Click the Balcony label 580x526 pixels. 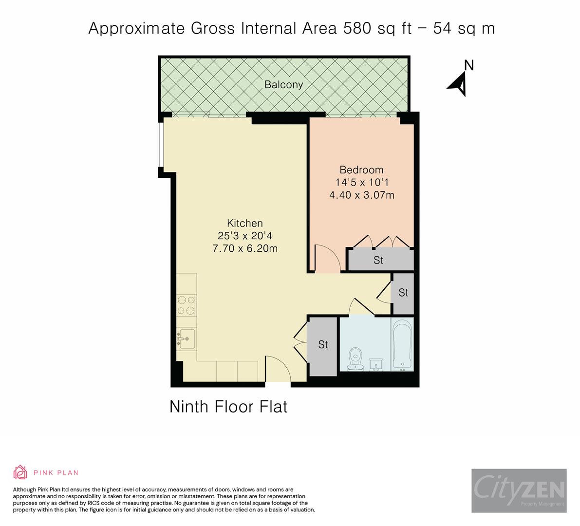coord(283,84)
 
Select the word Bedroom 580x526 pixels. coord(361,170)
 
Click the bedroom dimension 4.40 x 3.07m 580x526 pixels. coord(361,195)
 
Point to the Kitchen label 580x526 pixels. coord(245,223)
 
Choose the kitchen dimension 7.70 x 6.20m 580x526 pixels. coord(245,248)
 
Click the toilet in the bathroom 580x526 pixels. coord(356,358)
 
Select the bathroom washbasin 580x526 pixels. coord(376,364)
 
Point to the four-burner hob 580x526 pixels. coord(186,305)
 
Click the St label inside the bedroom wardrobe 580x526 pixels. coord(378,260)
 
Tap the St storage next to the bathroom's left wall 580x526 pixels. coord(323,345)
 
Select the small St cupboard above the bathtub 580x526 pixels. coord(403,293)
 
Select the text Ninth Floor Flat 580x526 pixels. coord(228,406)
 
